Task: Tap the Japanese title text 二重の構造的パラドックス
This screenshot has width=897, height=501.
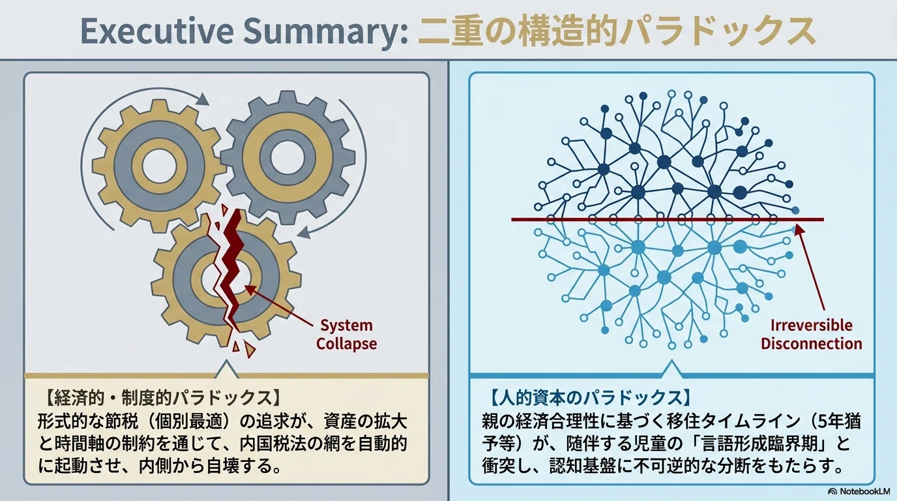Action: (x=617, y=31)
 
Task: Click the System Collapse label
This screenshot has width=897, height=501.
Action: (x=346, y=334)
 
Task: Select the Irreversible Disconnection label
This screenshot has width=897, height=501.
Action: (x=812, y=334)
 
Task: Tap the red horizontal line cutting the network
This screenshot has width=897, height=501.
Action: (x=668, y=219)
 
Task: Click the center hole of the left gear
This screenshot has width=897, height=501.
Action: (x=159, y=166)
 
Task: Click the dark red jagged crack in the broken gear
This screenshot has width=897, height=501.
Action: (x=231, y=260)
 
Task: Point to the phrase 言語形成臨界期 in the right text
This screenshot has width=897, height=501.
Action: (x=765, y=444)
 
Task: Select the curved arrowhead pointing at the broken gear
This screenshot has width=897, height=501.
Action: (x=304, y=232)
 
